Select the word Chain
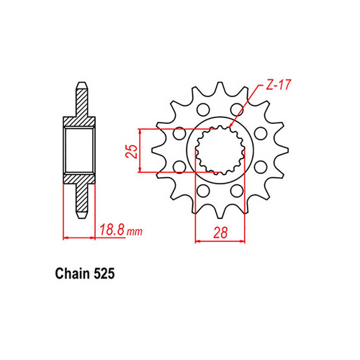tap(70, 275)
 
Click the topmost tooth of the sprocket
tap(221, 86)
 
